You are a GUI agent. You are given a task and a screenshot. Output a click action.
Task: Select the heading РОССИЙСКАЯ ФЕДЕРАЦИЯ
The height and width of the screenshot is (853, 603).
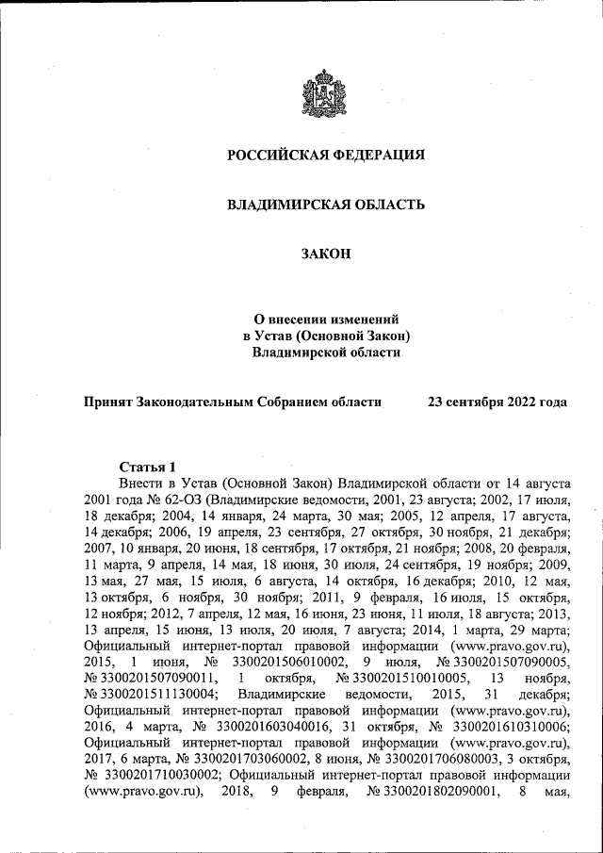coord(326,155)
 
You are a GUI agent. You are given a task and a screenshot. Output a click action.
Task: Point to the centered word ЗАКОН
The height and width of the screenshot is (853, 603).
coord(326,254)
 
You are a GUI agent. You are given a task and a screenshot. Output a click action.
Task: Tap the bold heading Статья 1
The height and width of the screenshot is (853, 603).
coord(148,467)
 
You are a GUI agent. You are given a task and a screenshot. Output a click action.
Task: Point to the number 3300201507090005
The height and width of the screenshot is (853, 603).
coord(502,662)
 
